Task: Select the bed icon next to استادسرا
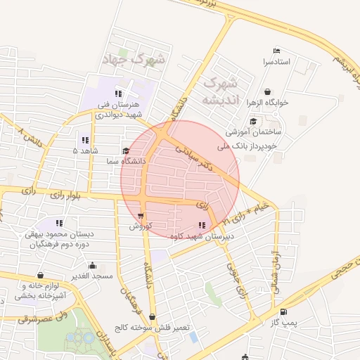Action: click(276, 51)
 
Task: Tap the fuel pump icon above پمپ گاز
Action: click(283, 311)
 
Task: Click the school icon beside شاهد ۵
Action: click(85, 139)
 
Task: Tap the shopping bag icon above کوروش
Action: click(141, 216)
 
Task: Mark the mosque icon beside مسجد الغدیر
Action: click(93, 266)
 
